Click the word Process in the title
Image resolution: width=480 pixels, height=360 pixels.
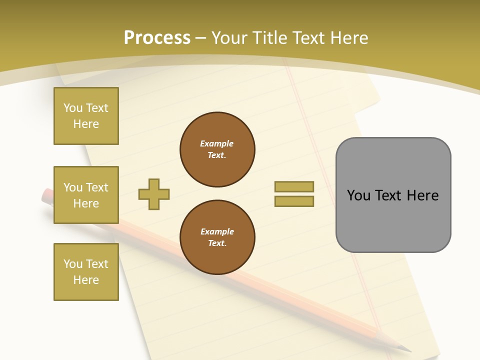tap(157, 38)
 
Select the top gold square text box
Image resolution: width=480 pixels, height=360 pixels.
tap(86, 116)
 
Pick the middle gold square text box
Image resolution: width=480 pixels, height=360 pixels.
tap(86, 195)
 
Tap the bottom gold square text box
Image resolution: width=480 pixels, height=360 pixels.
tap(86, 272)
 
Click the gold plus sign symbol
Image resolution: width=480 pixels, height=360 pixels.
tap(154, 194)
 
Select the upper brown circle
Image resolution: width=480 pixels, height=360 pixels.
tap(217, 149)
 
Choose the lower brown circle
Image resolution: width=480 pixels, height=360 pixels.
tap(217, 237)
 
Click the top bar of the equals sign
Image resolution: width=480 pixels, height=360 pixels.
tap(294, 187)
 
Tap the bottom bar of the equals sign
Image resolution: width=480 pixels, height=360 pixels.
tap(294, 201)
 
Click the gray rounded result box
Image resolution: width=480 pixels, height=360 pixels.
tap(393, 195)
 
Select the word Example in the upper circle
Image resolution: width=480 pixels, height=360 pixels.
tap(217, 143)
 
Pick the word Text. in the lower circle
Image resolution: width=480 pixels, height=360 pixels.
tap(217, 243)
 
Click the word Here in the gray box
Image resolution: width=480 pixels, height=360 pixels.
tap(422, 195)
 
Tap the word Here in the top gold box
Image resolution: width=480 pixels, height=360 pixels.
tap(86, 124)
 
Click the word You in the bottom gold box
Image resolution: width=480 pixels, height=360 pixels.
tap(73, 264)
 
